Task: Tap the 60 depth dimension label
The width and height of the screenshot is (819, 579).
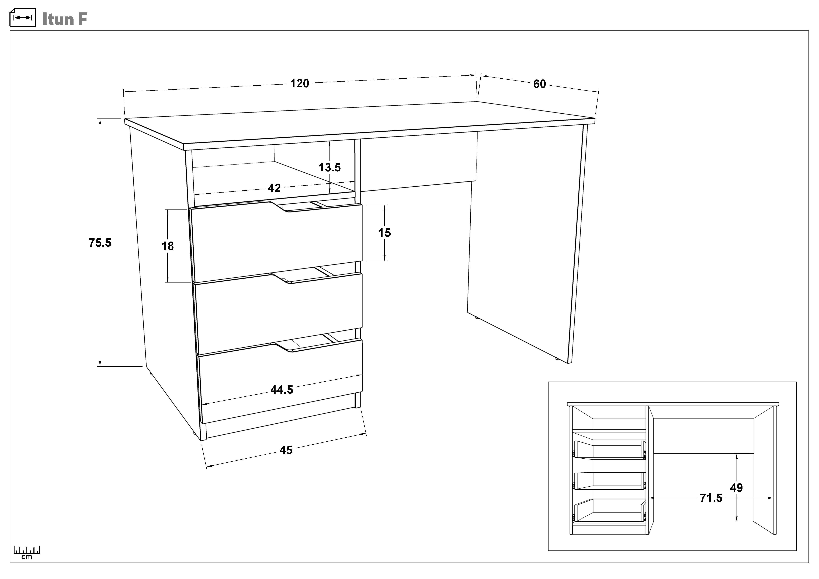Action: pos(540,84)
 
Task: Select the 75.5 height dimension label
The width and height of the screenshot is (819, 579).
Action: pos(100,243)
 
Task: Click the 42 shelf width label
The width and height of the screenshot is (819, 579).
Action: pos(274,188)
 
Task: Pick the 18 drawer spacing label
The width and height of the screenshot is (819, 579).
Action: pos(168,246)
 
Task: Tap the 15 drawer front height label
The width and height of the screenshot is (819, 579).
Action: pos(384,233)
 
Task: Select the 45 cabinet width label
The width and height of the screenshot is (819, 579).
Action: pos(286,450)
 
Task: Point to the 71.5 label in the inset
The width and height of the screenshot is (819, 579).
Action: pos(711,498)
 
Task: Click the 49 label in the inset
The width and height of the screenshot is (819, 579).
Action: pos(737,488)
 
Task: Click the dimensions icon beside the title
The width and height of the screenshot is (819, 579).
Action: pos(23,18)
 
